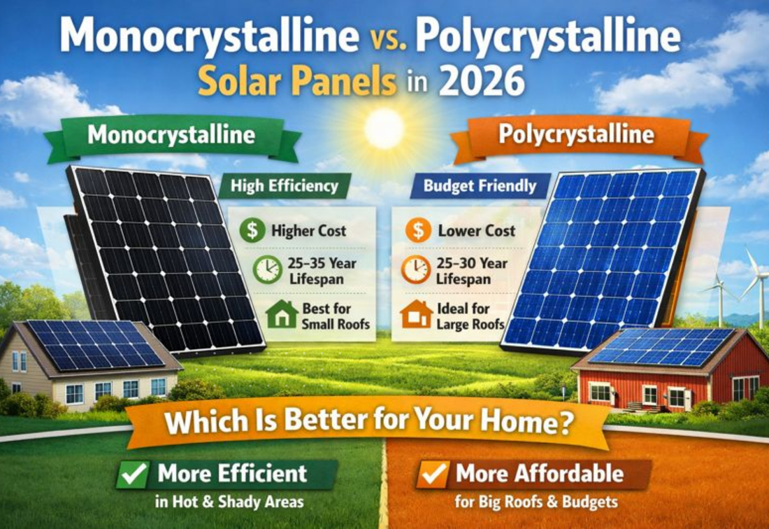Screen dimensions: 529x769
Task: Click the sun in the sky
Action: pos(384,128)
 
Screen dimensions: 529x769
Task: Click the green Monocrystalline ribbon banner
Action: pos(171,134)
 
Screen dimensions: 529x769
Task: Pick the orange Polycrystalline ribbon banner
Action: pos(577,134)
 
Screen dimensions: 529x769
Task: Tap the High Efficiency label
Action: pos(285,186)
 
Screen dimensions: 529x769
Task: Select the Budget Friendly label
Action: pos(480,186)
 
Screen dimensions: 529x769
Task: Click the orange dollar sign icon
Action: pos(417,230)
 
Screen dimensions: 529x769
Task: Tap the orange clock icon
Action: pos(416,270)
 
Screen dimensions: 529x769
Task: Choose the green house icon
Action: pos(281,315)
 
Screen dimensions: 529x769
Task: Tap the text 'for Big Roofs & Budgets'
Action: pos(526,501)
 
